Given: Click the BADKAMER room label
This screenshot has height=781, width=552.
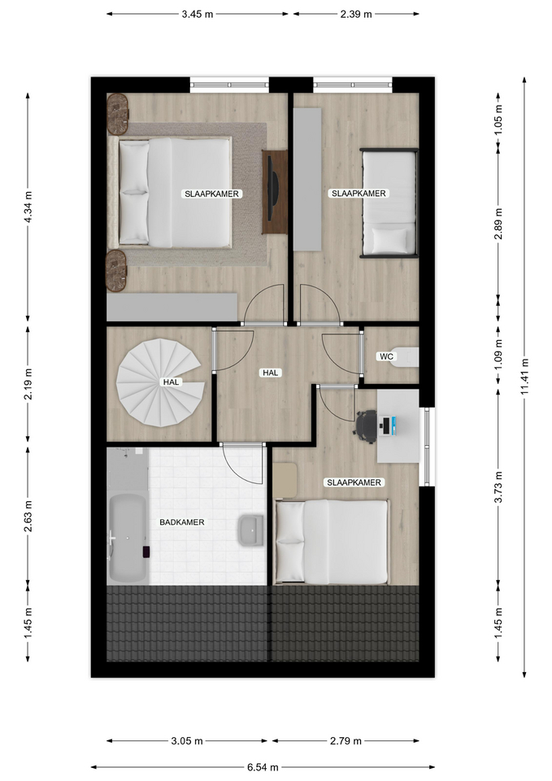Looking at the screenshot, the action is [181, 522].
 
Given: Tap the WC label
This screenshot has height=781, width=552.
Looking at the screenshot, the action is [386, 356].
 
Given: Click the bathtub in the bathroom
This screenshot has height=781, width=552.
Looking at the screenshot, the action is [128, 539].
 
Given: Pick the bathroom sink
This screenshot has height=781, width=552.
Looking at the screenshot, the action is [251, 530].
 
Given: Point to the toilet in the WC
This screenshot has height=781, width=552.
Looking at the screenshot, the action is [406, 356].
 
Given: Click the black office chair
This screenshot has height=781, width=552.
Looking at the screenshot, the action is [366, 425].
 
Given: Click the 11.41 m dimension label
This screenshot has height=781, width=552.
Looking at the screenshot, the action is [524, 377].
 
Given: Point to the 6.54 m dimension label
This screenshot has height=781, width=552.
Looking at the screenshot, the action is [263, 767].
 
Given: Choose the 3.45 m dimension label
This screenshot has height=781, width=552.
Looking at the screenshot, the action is [197, 14].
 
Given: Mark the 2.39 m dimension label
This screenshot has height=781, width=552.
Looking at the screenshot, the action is [356, 14].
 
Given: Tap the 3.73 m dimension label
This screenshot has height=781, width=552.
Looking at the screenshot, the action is [498, 486].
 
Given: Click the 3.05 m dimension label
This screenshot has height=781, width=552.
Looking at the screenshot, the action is [187, 740].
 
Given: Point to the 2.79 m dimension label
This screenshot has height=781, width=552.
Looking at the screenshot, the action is [346, 740].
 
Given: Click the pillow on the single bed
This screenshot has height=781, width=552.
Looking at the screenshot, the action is [389, 241].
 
